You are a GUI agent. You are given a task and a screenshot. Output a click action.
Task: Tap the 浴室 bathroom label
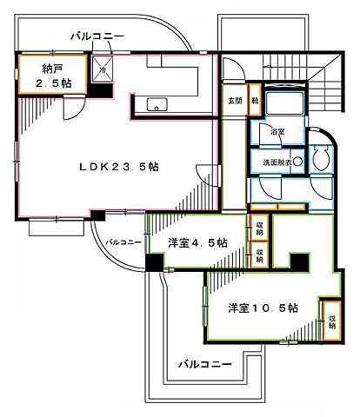click(277, 132)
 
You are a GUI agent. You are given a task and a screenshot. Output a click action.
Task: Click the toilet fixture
click(317, 157)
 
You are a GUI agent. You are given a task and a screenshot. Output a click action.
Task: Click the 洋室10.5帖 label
click(264, 308)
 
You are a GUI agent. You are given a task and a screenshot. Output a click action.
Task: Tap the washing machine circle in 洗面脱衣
click(297, 161)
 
